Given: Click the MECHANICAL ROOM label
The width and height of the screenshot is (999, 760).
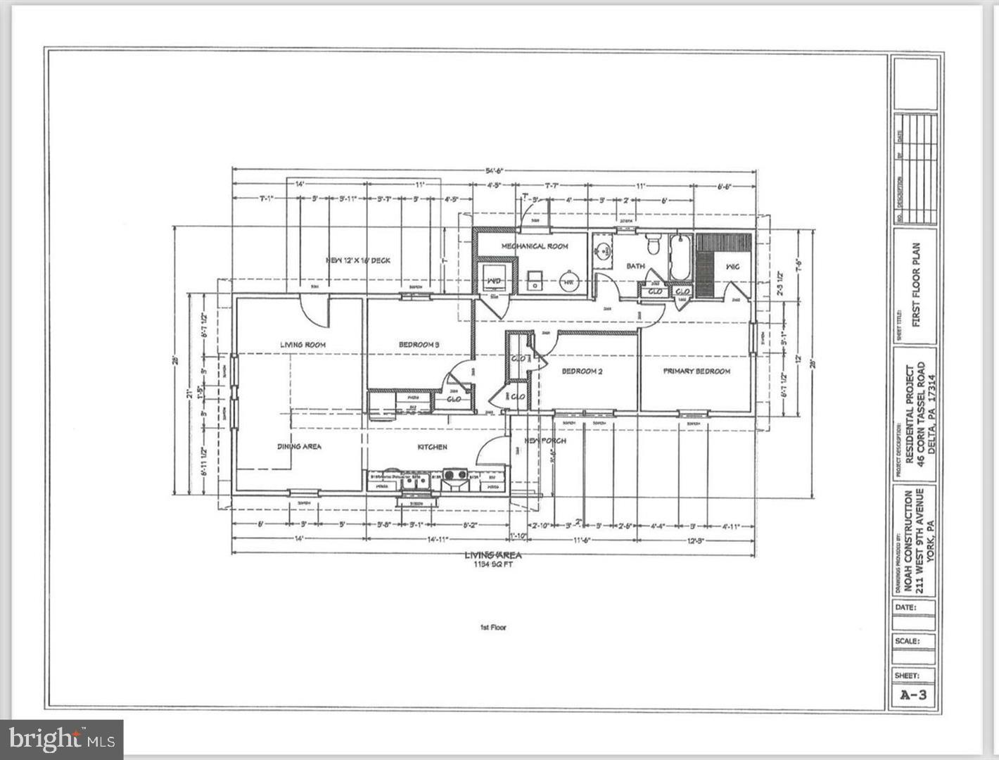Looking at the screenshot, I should tap(534, 246).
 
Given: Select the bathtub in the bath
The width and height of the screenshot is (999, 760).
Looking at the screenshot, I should tap(681, 258).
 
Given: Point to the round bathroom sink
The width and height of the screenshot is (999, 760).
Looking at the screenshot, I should tap(603, 251).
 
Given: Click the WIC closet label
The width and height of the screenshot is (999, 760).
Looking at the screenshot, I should tap(732, 267).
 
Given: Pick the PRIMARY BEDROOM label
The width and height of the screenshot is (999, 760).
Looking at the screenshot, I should tap(696, 371).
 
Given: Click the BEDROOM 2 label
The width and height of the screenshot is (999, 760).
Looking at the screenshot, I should tap(582, 371).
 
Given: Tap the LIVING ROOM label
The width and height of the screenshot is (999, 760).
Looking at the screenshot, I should tap(303, 344).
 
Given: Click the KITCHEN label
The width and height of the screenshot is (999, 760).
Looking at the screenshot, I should tap(432, 447).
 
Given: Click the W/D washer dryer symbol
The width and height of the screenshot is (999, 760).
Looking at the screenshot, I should tap(495, 281).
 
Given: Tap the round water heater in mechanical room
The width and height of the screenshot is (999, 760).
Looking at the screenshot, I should tap(568, 283).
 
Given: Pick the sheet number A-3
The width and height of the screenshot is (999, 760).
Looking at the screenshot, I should tap(914, 695).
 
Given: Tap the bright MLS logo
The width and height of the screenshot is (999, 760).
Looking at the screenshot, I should tap(62, 739).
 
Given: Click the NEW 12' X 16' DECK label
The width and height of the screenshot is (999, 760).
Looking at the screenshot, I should tap(358, 260).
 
